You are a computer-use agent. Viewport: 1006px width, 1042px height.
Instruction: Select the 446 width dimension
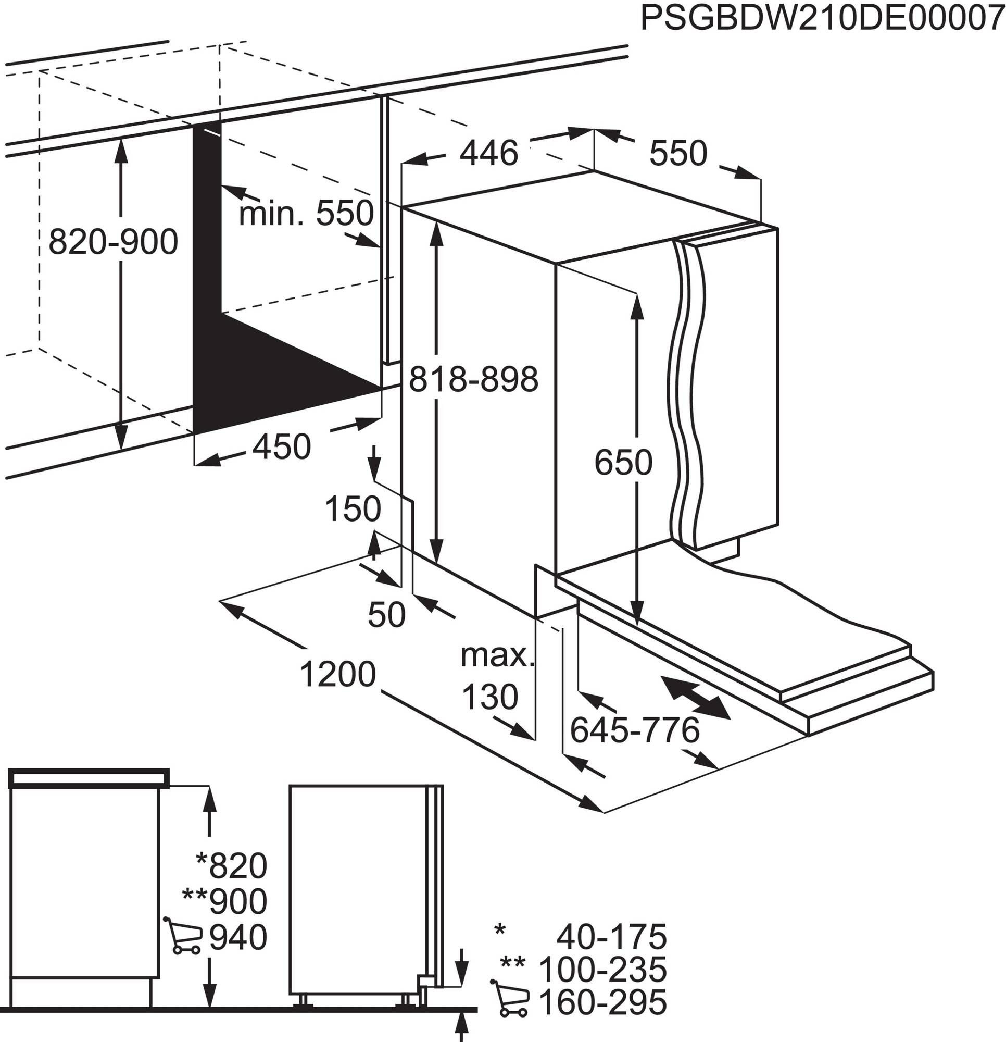click(x=488, y=154)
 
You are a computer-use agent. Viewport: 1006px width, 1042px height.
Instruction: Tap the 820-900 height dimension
click(x=113, y=242)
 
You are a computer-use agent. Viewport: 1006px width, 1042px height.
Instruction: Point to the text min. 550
click(x=306, y=214)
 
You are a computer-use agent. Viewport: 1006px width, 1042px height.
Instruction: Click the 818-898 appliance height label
click(x=473, y=380)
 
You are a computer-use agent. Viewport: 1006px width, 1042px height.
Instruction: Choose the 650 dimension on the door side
click(x=623, y=463)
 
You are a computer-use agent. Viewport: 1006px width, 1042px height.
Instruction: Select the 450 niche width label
click(x=281, y=446)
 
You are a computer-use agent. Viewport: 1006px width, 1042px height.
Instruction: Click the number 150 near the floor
click(x=353, y=509)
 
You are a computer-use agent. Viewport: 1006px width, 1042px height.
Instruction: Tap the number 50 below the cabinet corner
click(x=386, y=615)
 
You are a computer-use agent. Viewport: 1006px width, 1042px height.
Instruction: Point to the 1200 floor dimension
click(x=338, y=674)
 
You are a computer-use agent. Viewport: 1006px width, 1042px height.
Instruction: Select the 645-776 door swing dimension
click(x=635, y=730)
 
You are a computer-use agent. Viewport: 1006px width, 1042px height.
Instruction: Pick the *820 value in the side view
click(x=232, y=866)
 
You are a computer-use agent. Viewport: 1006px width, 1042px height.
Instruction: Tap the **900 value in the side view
click(x=225, y=902)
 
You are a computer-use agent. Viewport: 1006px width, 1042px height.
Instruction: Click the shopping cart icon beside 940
click(x=183, y=937)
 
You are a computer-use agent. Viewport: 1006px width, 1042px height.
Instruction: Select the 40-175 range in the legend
click(x=611, y=937)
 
